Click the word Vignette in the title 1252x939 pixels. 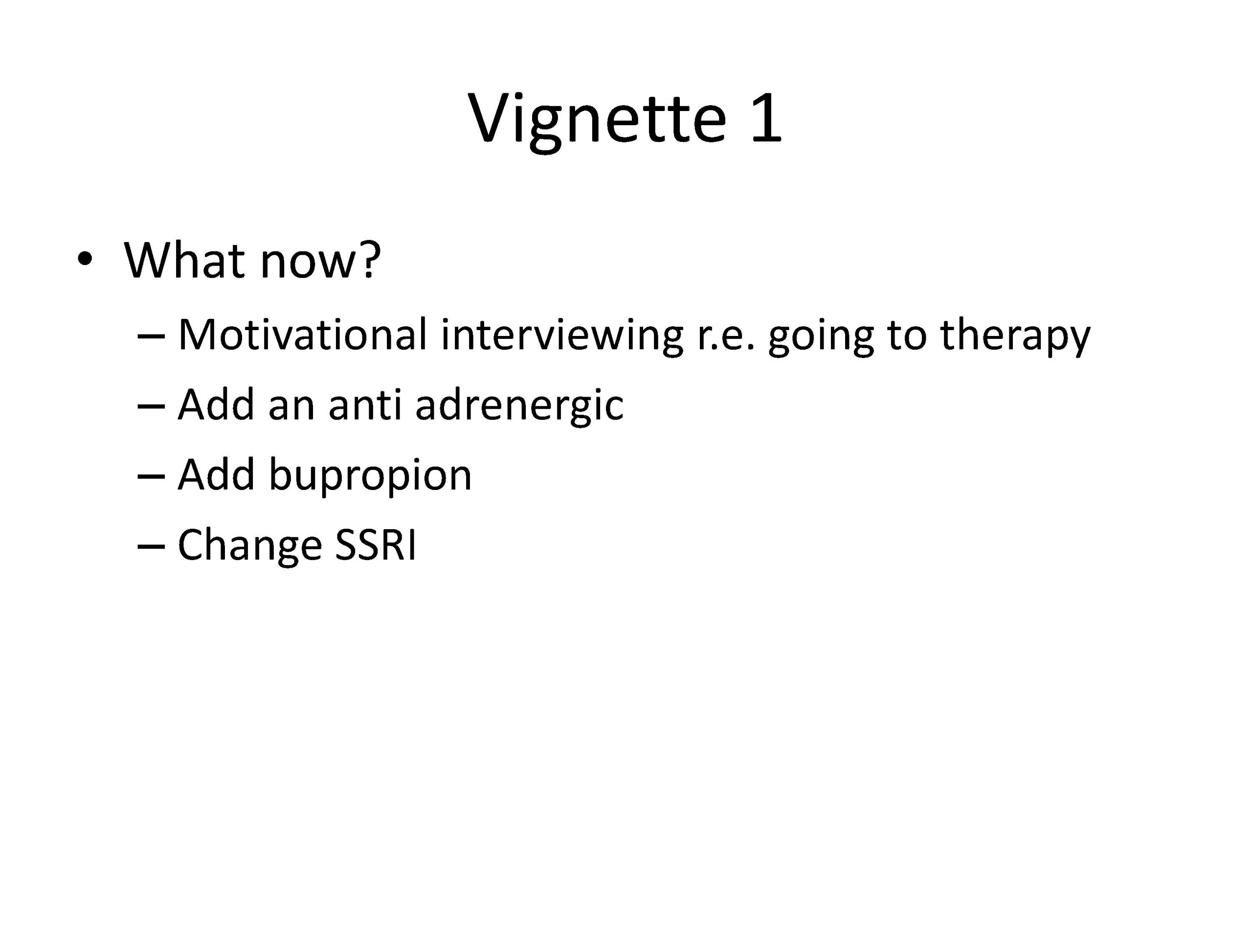597,120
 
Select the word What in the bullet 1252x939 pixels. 184,260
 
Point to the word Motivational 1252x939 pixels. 303,335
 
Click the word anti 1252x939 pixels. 365,405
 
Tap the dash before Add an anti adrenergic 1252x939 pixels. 151,407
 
